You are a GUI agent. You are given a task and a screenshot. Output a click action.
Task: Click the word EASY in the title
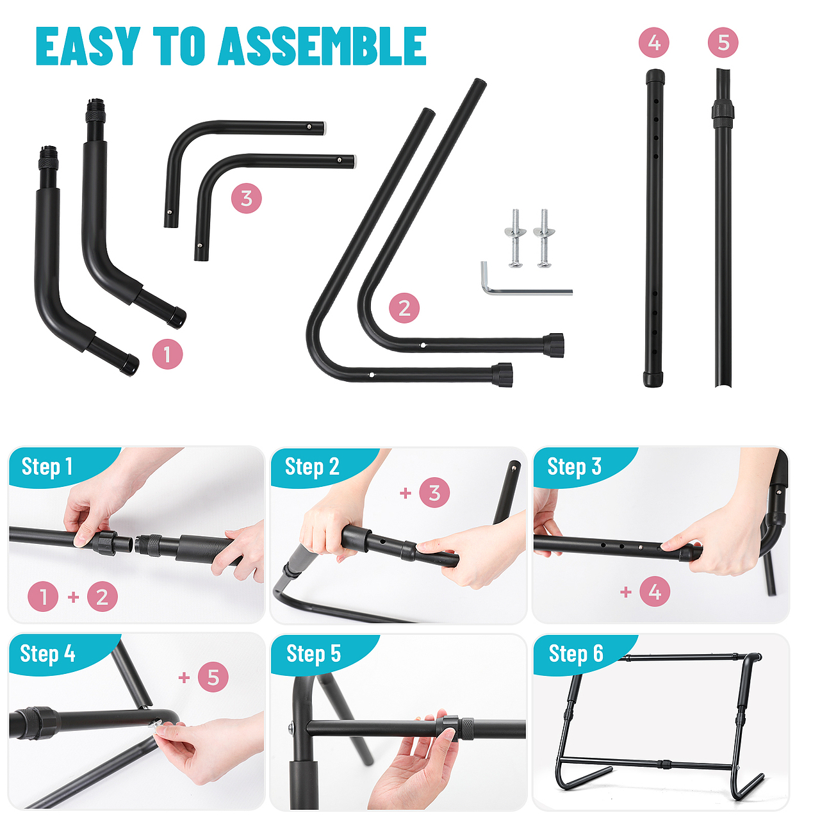point(88,46)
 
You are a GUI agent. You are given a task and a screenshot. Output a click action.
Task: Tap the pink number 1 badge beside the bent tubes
point(167,354)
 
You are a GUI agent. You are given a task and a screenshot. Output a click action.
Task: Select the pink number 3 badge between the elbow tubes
point(247,199)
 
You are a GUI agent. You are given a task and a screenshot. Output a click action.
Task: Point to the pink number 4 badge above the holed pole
point(654,42)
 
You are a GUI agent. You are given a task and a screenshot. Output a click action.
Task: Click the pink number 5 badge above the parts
point(723,42)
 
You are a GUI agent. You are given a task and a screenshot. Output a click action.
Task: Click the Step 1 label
point(47,467)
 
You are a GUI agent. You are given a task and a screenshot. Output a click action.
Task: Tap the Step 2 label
point(312,467)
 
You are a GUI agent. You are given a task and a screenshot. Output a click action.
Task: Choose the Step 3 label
point(574,467)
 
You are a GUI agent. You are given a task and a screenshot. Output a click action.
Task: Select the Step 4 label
point(47,653)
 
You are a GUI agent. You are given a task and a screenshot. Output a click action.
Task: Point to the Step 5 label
point(314,653)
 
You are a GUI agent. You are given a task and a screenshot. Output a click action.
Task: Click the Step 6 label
point(576,653)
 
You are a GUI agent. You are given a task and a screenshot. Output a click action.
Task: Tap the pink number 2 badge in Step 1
point(102,596)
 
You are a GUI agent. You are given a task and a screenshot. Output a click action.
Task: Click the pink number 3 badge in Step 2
point(434,493)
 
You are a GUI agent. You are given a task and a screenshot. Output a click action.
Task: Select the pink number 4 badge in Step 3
point(655,591)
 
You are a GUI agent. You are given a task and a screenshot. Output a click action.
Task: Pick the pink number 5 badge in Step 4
point(213,677)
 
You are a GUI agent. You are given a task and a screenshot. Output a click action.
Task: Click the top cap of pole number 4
point(655,77)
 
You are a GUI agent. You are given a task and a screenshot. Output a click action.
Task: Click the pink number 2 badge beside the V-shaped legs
point(404,307)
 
